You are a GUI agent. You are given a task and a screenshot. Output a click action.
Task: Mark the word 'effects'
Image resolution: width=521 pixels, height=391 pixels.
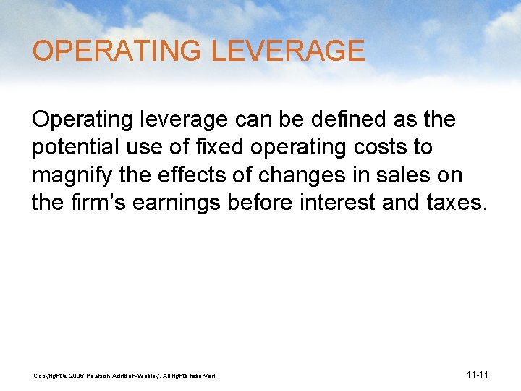point(209,175)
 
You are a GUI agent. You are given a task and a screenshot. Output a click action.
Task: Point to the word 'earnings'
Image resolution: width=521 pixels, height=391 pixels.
point(181,203)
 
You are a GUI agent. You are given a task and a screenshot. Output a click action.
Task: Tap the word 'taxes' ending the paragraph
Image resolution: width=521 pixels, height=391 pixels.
point(457,203)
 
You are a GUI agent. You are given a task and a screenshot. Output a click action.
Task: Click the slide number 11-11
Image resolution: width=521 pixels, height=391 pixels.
point(478,375)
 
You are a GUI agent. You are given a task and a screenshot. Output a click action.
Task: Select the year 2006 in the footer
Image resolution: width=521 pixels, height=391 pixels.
point(77,376)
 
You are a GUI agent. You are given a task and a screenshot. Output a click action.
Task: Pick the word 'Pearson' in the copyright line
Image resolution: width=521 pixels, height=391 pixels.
point(98,376)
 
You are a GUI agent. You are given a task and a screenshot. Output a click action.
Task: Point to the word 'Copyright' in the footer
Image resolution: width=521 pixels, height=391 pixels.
point(48,376)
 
